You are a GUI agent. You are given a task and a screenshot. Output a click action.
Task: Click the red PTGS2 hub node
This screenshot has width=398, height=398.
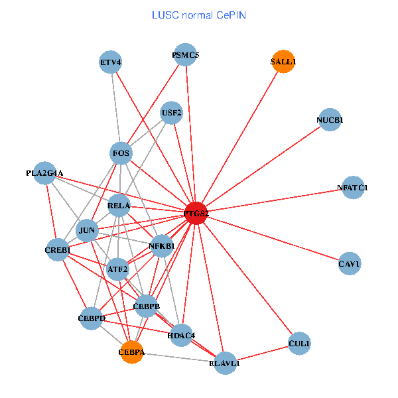[x=196, y=213]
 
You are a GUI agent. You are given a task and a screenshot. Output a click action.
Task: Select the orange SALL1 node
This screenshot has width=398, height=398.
[x=283, y=62]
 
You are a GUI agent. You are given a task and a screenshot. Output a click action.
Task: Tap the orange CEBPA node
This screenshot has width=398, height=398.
[x=131, y=352]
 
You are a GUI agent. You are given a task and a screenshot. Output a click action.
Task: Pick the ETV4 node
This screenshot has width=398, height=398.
[x=111, y=62]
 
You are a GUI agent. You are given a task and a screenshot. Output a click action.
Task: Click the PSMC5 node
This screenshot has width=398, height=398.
[x=186, y=55]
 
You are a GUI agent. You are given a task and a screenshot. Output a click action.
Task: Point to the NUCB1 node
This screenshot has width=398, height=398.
[x=330, y=120]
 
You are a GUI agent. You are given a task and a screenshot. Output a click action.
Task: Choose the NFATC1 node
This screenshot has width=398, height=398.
[x=352, y=188]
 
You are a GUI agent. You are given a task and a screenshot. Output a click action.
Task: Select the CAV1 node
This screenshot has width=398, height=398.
[x=349, y=263]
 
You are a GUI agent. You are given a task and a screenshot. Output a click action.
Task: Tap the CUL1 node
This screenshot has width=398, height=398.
[x=299, y=343]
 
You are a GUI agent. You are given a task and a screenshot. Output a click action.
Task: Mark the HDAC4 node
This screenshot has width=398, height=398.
[x=181, y=336]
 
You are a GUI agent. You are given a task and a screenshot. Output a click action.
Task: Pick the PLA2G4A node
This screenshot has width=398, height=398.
[x=44, y=173]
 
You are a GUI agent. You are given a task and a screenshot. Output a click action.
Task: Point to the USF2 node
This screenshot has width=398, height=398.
[x=171, y=113]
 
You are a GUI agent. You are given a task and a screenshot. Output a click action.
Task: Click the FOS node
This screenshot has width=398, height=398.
[x=121, y=154]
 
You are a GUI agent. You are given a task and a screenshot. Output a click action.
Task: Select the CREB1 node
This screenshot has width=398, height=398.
[x=58, y=249]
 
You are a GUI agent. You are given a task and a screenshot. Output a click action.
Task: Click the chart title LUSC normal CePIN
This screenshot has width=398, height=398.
[x=198, y=15]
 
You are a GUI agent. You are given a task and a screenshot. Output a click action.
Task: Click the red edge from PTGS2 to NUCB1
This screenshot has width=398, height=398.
[x=263, y=166]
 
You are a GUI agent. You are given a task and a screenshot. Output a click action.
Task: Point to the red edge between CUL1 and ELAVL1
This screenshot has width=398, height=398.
[x=262, y=353]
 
